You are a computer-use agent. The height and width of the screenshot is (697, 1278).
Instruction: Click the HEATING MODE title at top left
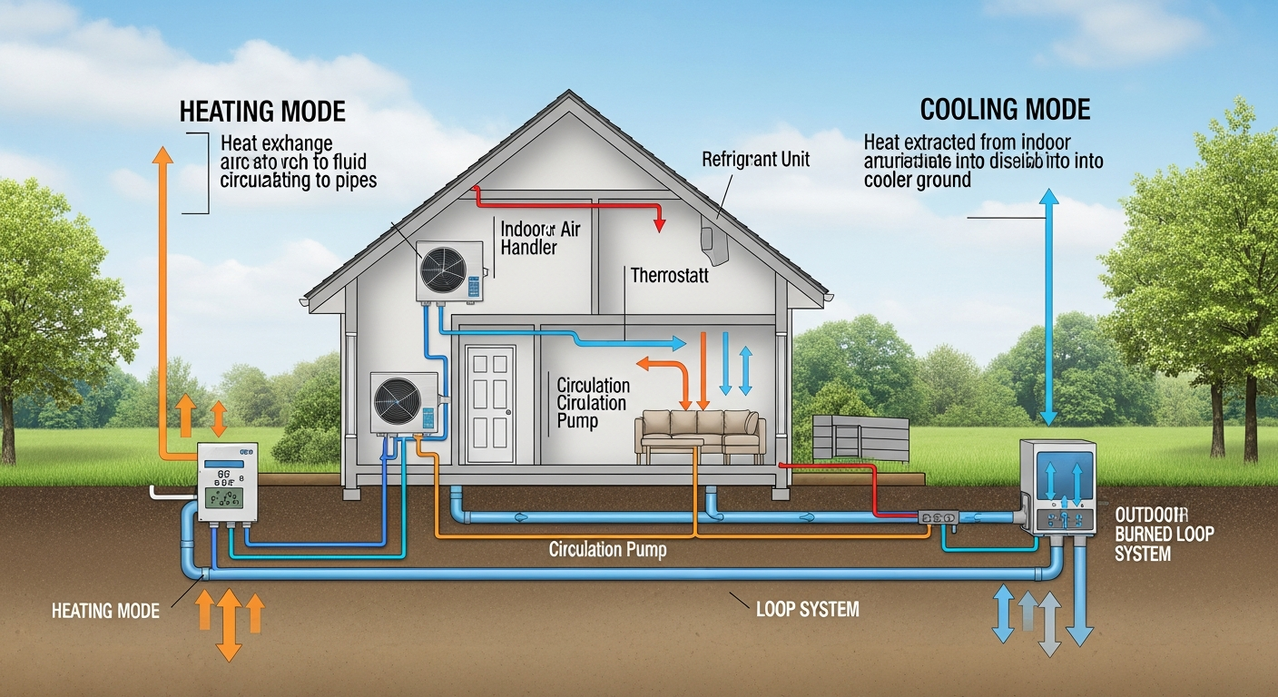(262, 112)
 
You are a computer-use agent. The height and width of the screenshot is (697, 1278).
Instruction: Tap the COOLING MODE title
(1005, 110)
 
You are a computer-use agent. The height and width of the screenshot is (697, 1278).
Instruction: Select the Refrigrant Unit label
(755, 160)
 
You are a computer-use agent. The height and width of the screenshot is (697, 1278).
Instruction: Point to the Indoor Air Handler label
(540, 237)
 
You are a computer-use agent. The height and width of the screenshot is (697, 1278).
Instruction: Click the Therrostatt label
(670, 273)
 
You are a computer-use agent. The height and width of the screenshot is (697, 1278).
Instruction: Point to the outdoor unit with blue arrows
(1057, 486)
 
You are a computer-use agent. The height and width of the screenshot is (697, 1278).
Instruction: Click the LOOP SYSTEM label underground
(807, 608)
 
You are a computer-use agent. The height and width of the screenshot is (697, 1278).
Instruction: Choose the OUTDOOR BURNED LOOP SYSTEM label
(1164, 533)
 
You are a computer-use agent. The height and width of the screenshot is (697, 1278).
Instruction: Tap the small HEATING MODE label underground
(106, 611)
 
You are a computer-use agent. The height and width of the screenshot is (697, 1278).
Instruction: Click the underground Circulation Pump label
(607, 550)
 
